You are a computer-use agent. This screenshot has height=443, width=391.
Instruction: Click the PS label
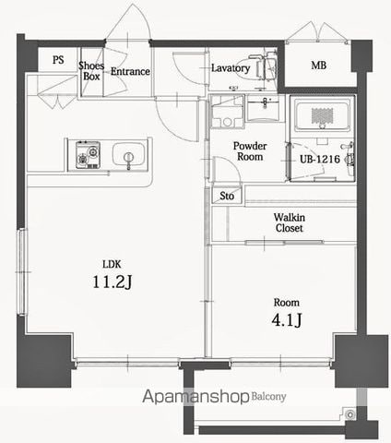tap(58, 59)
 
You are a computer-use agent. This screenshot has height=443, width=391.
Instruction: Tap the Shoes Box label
tap(91, 71)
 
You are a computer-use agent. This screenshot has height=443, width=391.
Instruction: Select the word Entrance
tap(130, 71)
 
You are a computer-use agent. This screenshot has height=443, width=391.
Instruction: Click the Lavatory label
tap(231, 68)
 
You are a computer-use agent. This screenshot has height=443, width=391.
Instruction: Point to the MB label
tap(319, 66)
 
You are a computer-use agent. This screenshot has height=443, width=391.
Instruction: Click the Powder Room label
tap(250, 151)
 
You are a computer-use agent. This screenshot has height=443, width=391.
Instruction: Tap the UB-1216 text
tap(320, 159)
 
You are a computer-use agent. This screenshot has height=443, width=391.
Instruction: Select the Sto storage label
tap(227, 196)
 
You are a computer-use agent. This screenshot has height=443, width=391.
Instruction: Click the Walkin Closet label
tap(290, 222)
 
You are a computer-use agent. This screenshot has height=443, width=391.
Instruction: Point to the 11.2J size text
tap(113, 281)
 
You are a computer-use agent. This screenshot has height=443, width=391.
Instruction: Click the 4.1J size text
tap(287, 320)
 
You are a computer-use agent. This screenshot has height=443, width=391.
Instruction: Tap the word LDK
tap(112, 264)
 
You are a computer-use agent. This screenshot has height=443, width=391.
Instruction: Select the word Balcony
tap(268, 397)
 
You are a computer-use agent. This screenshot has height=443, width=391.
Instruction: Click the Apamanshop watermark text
tap(195, 397)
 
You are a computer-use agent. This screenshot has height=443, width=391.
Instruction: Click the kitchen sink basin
tap(128, 154)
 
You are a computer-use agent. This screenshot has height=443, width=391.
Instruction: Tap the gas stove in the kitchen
tap(89, 155)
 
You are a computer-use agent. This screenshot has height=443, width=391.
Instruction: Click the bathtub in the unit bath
tap(322, 114)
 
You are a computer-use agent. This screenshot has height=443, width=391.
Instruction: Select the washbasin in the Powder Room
tap(263, 108)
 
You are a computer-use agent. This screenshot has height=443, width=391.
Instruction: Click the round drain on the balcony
tap(350, 414)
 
